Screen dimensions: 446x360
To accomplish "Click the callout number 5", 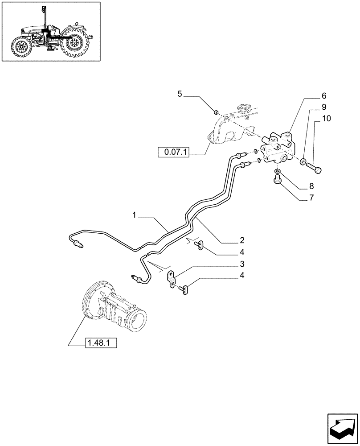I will tap(180, 94).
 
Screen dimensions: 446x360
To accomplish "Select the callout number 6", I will tap(324, 96).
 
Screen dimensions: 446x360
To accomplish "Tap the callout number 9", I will tap(324, 107).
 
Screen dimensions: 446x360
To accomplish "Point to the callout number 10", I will tap(327, 118).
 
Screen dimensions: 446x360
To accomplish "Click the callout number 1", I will tap(134, 215).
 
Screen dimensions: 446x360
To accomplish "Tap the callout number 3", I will tap(241, 264).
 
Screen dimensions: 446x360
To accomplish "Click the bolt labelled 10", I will tap(315, 168).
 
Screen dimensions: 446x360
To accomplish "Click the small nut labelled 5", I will tap(216, 111).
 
